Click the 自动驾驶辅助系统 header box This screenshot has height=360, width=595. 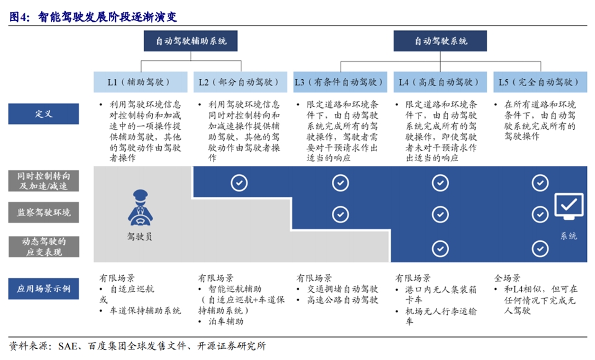pyautogui.click(x=191, y=41)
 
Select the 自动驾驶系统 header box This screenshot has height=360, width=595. pyautogui.click(x=440, y=41)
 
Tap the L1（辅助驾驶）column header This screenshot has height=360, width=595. pyautogui.click(x=141, y=82)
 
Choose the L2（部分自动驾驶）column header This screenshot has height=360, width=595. pyautogui.click(x=240, y=82)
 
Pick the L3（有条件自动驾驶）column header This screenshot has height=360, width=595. pyautogui.click(x=340, y=82)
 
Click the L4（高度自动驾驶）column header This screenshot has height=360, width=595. pyautogui.click(x=440, y=82)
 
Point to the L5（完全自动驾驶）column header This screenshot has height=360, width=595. pyautogui.click(x=540, y=82)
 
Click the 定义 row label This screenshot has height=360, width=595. pyautogui.click(x=43, y=114)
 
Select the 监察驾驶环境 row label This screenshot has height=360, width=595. pyautogui.click(x=43, y=213)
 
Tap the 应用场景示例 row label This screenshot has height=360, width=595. pyautogui.click(x=43, y=289)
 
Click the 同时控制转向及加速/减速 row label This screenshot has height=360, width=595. pyautogui.click(x=43, y=181)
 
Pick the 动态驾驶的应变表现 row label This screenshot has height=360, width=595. pyautogui.click(x=43, y=247)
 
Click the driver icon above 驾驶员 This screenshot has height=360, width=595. pyautogui.click(x=140, y=208)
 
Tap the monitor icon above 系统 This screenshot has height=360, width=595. pyautogui.click(x=569, y=206)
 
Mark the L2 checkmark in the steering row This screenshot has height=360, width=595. pyautogui.click(x=239, y=183)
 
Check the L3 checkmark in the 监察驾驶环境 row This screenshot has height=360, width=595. pyautogui.click(x=341, y=214)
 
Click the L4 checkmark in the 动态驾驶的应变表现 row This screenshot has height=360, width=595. pyautogui.click(x=440, y=248)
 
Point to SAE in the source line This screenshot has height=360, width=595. pyautogui.click(x=67, y=346)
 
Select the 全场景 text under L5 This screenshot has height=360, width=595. pyautogui.click(x=507, y=278)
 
